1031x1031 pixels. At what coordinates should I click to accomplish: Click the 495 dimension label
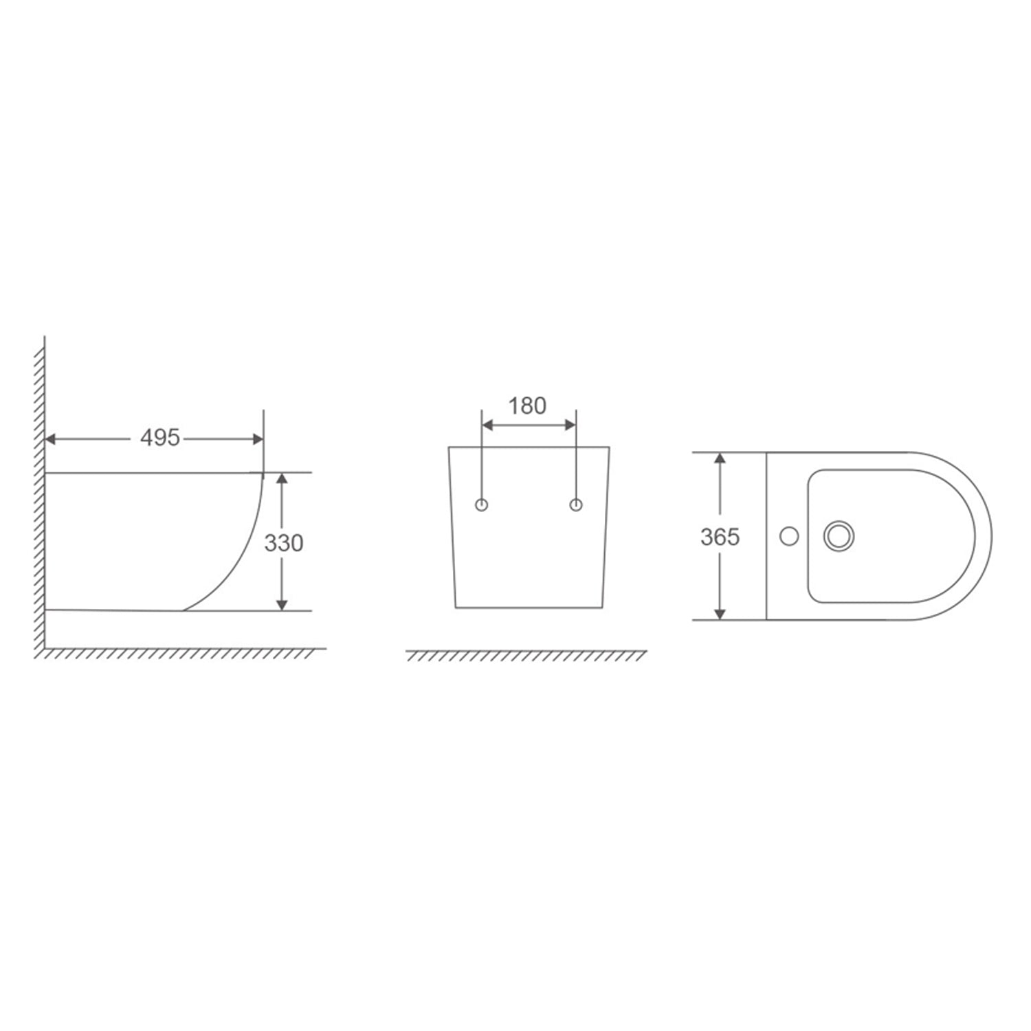pos(159,438)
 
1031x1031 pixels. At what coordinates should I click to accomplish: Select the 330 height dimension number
pos(284,543)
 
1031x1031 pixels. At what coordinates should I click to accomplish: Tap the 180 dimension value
pos(527,406)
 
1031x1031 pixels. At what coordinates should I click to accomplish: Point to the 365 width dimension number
pos(720,536)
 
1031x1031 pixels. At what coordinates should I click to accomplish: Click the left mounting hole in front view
pos(483,505)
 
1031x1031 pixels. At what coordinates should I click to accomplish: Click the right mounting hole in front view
pos(576,505)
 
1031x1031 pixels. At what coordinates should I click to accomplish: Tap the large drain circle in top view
pos(838,535)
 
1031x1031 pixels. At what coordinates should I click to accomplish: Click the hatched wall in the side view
pos(40,495)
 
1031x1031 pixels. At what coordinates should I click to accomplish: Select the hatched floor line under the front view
pos(526,655)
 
